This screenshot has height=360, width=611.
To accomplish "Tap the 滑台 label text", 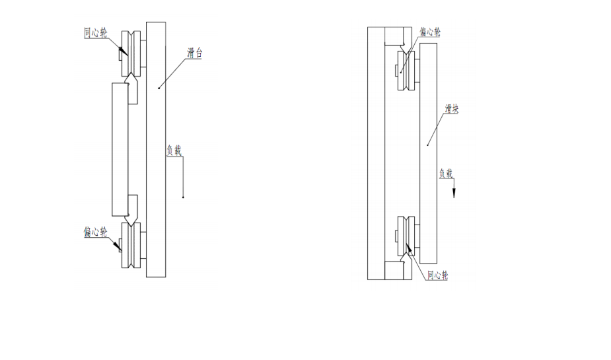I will pos(194,54).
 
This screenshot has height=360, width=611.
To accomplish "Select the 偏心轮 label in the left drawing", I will pos(95,232).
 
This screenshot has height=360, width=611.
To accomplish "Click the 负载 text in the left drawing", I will pos(174,150).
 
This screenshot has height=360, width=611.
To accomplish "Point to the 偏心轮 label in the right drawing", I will pos(430,32).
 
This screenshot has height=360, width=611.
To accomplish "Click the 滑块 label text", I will pos(451,110).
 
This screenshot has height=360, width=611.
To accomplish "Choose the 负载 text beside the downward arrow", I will pos(447,174).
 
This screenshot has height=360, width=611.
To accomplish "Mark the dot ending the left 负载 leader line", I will pos(183,197).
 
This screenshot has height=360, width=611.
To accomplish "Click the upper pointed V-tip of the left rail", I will pos(132,79).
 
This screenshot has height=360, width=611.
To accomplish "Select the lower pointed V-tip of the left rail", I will pos(132,219).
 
